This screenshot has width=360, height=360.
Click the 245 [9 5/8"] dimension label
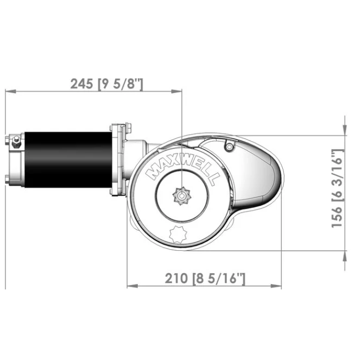tap(106, 84)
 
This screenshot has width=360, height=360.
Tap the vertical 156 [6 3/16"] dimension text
tap(338, 188)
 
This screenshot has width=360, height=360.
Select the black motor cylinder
tap(68, 159)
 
